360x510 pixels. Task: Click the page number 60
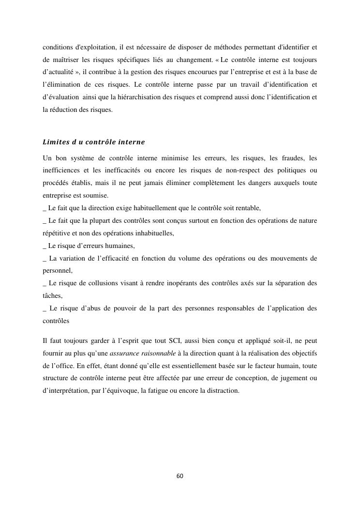(180, 476)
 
